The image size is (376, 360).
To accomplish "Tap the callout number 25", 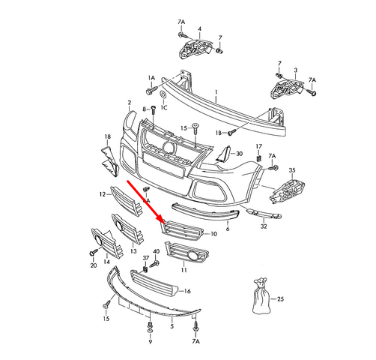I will [280, 299].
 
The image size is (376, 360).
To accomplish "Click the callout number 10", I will [214, 235].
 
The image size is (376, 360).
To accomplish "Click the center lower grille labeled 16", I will [157, 284].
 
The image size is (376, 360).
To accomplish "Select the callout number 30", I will [240, 154].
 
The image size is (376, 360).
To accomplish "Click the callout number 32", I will [264, 225].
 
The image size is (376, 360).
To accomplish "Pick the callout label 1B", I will [219, 133].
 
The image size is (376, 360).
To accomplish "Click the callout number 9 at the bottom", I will [151, 340].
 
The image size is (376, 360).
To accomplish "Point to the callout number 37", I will [146, 257].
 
